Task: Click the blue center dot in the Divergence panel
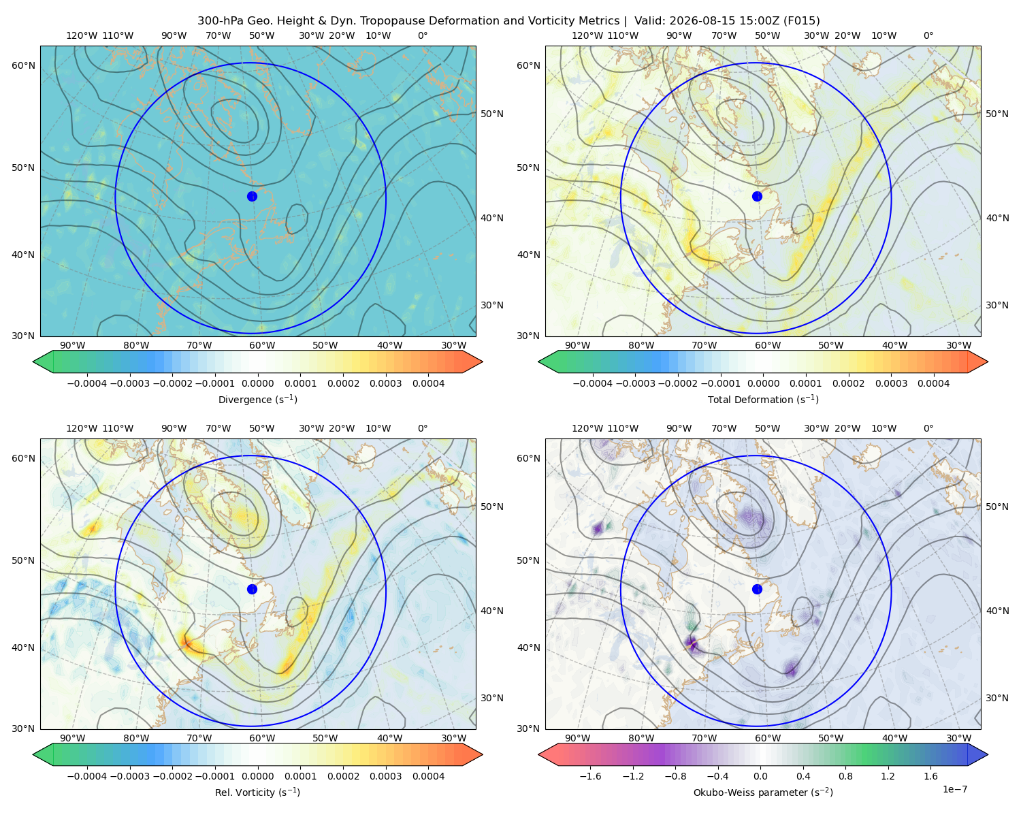click(252, 196)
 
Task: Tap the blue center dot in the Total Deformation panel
click(757, 196)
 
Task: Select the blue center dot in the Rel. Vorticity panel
click(252, 589)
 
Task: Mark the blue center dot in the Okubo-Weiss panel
click(757, 589)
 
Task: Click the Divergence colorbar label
click(257, 399)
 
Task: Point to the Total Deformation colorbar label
click(763, 399)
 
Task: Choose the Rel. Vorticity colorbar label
click(257, 792)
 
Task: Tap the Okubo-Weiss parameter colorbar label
click(763, 792)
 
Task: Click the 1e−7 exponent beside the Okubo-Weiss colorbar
click(954, 789)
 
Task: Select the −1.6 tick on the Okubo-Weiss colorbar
click(590, 775)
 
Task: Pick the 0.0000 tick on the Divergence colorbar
click(257, 383)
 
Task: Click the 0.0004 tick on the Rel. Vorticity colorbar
click(428, 775)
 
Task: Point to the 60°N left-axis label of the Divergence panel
click(23, 65)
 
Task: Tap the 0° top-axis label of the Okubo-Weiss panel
click(928, 428)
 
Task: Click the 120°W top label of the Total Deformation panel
click(587, 35)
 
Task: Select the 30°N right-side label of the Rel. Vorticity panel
click(492, 698)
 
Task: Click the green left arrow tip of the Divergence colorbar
click(33, 362)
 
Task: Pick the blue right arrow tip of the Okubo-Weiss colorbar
click(988, 754)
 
